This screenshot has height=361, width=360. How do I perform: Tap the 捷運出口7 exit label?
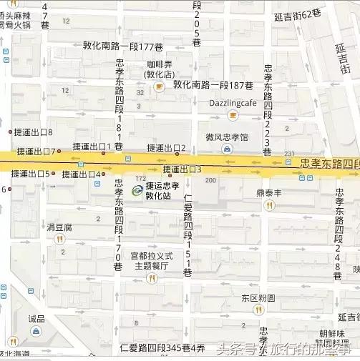point(34,151)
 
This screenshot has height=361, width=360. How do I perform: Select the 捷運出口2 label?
point(167,148)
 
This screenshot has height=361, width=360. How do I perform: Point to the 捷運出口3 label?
point(183,169)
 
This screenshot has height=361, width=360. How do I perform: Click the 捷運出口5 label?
point(31,174)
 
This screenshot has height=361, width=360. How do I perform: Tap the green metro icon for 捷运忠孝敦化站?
point(136,189)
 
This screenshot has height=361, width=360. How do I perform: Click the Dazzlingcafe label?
point(233,103)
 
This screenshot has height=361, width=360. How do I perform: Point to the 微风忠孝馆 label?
point(227,137)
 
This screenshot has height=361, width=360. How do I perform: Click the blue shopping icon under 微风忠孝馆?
point(227,149)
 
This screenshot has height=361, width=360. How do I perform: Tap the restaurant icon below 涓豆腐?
point(59,239)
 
